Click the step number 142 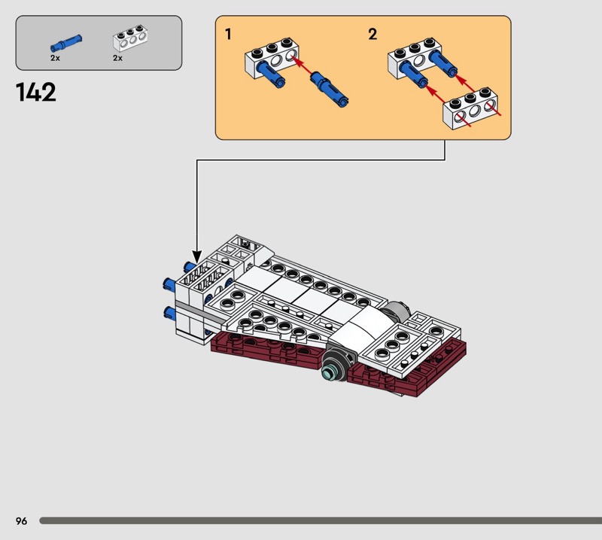35,93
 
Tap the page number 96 22,520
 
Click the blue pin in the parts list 66,43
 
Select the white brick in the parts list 130,38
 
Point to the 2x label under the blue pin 55,58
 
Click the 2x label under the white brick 117,58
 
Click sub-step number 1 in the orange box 229,34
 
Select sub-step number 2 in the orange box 372,34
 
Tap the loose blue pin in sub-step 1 330,89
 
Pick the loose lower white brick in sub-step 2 470,108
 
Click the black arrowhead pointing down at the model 197,256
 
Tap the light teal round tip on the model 328,372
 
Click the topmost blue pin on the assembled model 190,266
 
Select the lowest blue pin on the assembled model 170,313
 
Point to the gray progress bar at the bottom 321,520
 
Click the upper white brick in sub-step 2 415,58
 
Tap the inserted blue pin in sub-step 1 271,74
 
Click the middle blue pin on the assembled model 169,284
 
